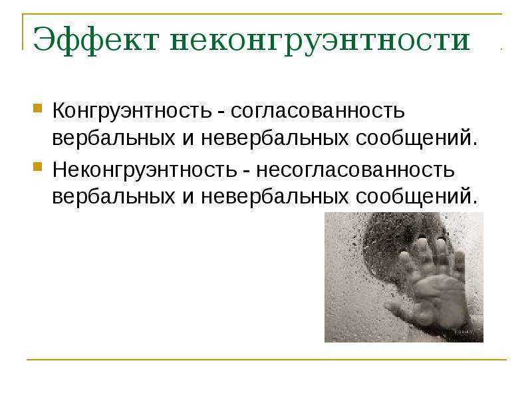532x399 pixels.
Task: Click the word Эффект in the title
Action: tap(96, 40)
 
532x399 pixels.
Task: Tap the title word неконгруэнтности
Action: tap(321, 41)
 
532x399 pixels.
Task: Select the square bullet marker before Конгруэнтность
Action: tap(38, 108)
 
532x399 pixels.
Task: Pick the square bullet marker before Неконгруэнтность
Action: tap(38, 167)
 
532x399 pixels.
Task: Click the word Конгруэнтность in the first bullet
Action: tap(132, 111)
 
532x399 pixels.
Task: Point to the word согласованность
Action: tap(318, 111)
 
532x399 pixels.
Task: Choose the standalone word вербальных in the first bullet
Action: tap(114, 138)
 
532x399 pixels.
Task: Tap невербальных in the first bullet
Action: tap(275, 138)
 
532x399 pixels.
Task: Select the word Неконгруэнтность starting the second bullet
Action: tap(144, 170)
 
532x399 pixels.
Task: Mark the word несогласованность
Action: tap(355, 170)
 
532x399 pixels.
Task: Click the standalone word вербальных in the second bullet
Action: tap(114, 197)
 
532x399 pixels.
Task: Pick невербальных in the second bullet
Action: tap(275, 197)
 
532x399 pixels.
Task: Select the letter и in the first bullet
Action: tap(188, 139)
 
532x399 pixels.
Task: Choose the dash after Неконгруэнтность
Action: tap(246, 172)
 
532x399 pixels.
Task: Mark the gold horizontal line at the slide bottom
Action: tap(267, 359)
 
